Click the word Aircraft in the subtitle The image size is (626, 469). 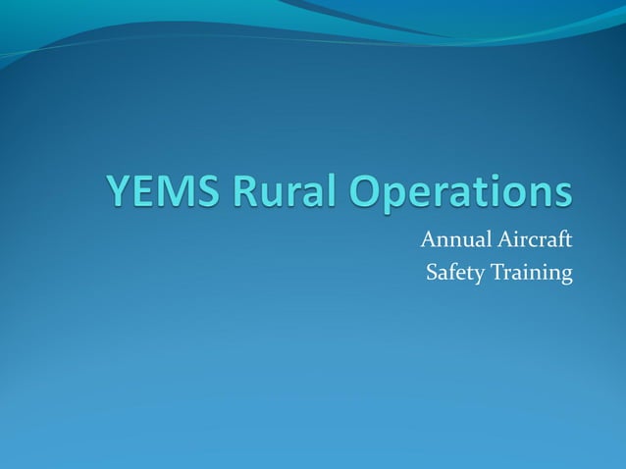click(x=533, y=239)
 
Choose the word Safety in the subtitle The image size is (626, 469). click(x=454, y=272)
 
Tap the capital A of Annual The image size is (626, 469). click(x=428, y=239)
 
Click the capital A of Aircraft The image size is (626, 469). click(x=502, y=239)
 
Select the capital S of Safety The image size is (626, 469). click(x=432, y=272)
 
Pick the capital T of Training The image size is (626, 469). click(x=497, y=272)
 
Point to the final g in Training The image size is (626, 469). click(x=565, y=276)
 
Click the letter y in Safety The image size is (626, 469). click(x=480, y=276)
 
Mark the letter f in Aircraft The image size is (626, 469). click(x=558, y=238)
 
